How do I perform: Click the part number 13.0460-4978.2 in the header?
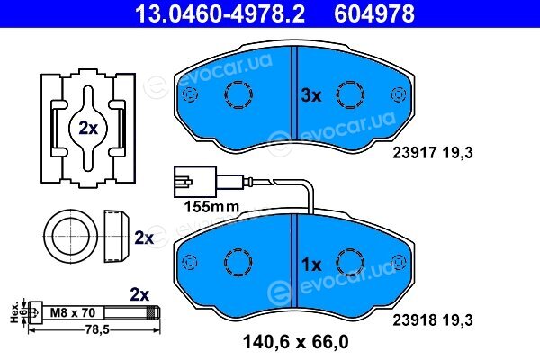220,13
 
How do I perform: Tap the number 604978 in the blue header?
374,13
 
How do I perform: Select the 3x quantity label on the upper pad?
311,95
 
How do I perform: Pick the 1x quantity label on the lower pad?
311,265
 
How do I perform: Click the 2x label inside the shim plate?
88,128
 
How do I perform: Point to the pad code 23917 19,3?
433,152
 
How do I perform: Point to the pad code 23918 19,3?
433,320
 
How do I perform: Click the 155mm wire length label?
211,207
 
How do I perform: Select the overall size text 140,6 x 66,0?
295,342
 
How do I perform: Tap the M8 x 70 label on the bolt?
73,312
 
